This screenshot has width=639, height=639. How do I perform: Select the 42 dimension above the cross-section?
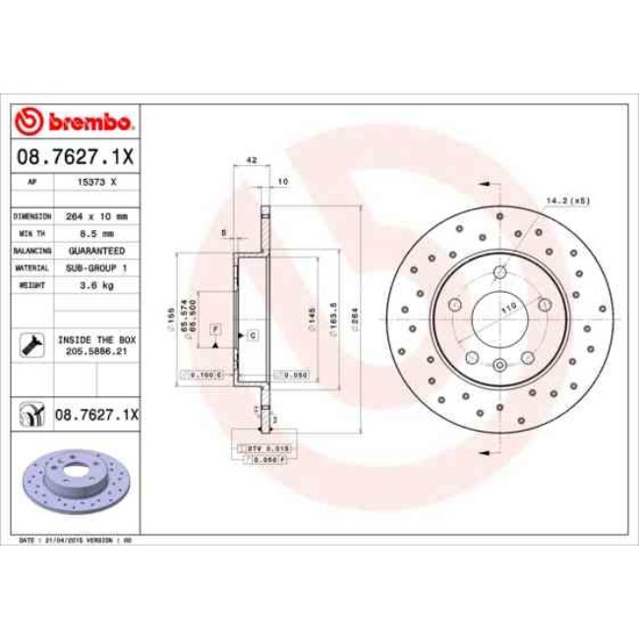(x=251, y=159)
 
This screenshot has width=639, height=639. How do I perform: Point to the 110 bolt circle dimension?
(x=508, y=309)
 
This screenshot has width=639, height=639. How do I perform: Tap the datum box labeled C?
(x=253, y=336)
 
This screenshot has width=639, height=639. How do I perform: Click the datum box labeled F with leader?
(x=213, y=326)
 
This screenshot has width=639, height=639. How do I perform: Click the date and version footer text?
(x=78, y=541)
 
